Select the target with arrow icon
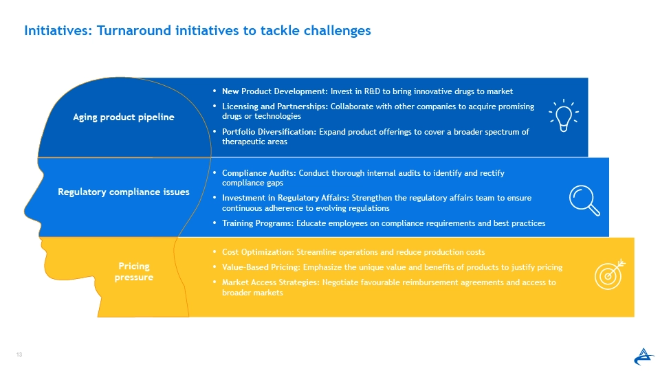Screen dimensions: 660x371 (610, 274)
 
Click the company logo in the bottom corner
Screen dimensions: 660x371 (643, 357)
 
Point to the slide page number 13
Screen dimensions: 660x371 (19, 355)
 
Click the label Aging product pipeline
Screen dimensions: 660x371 (123, 117)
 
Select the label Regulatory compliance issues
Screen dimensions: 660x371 (123, 192)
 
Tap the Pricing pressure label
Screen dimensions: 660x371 (134, 271)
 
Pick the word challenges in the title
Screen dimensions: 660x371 (337, 31)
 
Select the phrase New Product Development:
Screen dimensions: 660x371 (275, 91)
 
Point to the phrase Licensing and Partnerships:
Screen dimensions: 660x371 (275, 106)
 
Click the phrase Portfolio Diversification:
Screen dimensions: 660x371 (269, 132)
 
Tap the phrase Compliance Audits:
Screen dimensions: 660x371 (259, 173)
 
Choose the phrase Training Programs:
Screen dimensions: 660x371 (258, 223)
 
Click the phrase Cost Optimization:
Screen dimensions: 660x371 (258, 252)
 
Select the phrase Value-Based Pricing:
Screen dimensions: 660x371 (261, 267)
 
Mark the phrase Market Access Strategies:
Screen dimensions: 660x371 (271, 282)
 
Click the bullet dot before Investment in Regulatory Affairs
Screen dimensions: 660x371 (214, 197)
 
